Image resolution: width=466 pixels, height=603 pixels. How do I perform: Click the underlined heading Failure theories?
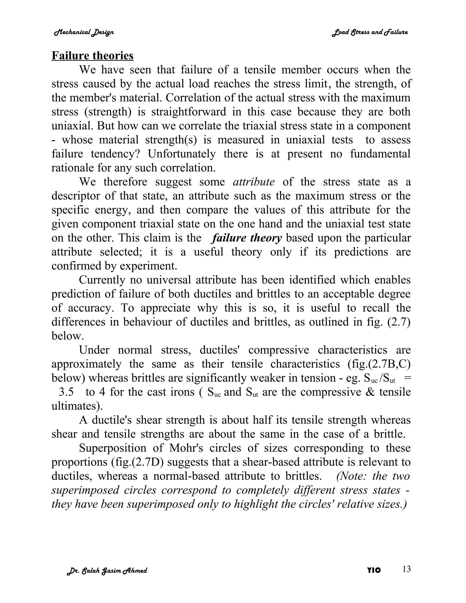92,56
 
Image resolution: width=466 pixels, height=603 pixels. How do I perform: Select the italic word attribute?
254,182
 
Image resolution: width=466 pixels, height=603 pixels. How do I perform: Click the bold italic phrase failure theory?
246,238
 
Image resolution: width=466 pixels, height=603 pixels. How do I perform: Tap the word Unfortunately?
182,154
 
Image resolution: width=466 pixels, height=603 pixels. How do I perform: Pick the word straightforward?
189,112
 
